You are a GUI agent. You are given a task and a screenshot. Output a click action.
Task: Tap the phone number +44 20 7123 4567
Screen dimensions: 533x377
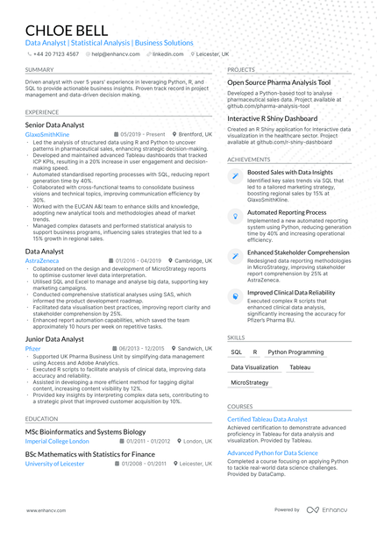pos(56,53)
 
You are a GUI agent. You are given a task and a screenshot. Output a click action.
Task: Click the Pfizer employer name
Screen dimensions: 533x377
pos(33,348)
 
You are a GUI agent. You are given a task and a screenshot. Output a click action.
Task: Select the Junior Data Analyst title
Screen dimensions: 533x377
pos(54,338)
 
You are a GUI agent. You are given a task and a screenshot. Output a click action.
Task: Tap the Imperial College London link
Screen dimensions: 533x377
pos(57,441)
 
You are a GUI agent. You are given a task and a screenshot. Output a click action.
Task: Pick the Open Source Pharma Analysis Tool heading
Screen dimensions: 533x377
pos(279,82)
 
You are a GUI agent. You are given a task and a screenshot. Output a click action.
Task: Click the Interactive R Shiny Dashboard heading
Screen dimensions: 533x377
pos(273,117)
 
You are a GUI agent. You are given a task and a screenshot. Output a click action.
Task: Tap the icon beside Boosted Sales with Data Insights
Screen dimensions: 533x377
pos(235,174)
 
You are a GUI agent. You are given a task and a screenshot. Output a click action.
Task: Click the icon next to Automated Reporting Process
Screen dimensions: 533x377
pos(235,214)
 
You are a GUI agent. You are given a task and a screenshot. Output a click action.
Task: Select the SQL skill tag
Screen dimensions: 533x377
pos(236,352)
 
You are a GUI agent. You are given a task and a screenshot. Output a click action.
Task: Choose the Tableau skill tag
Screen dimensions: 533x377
pos(300,367)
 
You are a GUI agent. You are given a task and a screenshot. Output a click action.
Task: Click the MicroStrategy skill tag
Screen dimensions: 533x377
pos(250,383)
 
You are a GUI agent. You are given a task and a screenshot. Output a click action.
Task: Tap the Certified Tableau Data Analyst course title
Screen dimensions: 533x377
pos(267,420)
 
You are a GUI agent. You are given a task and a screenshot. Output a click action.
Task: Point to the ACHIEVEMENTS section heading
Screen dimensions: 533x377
pos(249,160)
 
